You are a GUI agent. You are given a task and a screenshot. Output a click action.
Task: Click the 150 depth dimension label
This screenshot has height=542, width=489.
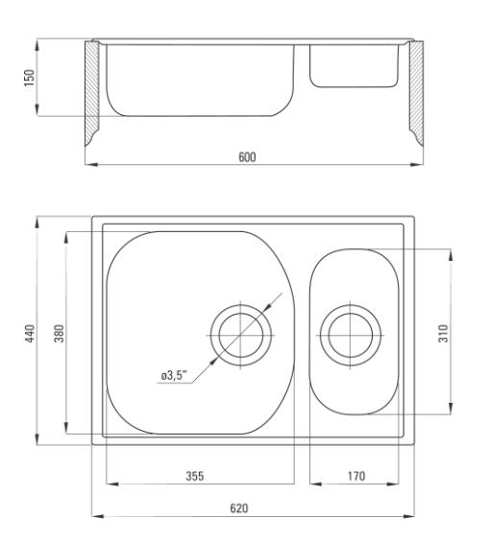(30, 78)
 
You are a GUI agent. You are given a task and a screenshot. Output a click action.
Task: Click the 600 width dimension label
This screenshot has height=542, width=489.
(247, 157)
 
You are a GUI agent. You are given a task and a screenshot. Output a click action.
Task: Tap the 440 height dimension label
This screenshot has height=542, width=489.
(30, 333)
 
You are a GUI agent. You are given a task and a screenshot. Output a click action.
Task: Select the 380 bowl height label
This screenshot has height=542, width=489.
(60, 333)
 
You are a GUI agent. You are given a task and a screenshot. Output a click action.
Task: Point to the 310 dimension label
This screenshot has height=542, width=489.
(443, 333)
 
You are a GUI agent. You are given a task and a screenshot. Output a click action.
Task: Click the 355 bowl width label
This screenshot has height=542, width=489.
(195, 476)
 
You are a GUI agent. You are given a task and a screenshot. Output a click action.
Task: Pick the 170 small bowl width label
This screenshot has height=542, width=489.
(356, 476)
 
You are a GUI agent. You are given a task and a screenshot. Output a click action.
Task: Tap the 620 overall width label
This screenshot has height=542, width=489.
(239, 508)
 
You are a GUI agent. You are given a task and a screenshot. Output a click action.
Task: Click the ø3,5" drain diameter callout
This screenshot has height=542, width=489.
(174, 375)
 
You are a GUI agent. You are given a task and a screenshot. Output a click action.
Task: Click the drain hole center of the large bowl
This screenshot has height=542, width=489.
(241, 336)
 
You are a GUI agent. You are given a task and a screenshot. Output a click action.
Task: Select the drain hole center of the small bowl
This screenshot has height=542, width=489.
(351, 336)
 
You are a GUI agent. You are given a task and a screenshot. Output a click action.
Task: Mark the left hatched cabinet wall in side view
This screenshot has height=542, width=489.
(91, 93)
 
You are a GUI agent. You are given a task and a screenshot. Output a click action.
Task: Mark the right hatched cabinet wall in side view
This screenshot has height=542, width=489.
(416, 93)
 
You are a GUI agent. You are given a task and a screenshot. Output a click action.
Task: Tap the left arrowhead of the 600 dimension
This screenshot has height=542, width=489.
(90, 165)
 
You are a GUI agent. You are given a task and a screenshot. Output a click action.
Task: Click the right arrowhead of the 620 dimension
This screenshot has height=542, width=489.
(408, 516)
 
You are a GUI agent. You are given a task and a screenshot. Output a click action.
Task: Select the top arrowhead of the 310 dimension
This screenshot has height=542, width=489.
(451, 255)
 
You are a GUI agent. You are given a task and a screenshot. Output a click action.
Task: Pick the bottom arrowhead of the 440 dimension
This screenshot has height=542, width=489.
(37, 439)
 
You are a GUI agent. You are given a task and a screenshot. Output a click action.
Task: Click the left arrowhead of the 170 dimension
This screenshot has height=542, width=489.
(316, 483)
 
